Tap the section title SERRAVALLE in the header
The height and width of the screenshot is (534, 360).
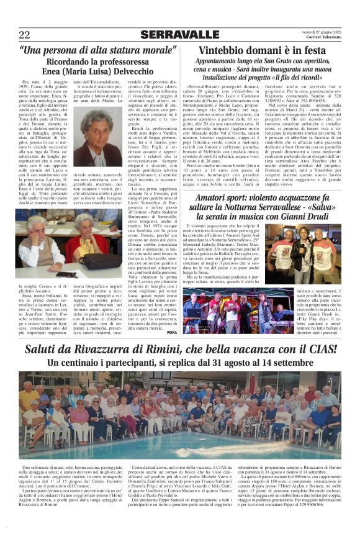(x=179, y=34)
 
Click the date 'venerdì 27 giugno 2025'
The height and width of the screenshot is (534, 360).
(x=321, y=31)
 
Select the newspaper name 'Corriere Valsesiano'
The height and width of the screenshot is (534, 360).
(x=323, y=38)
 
